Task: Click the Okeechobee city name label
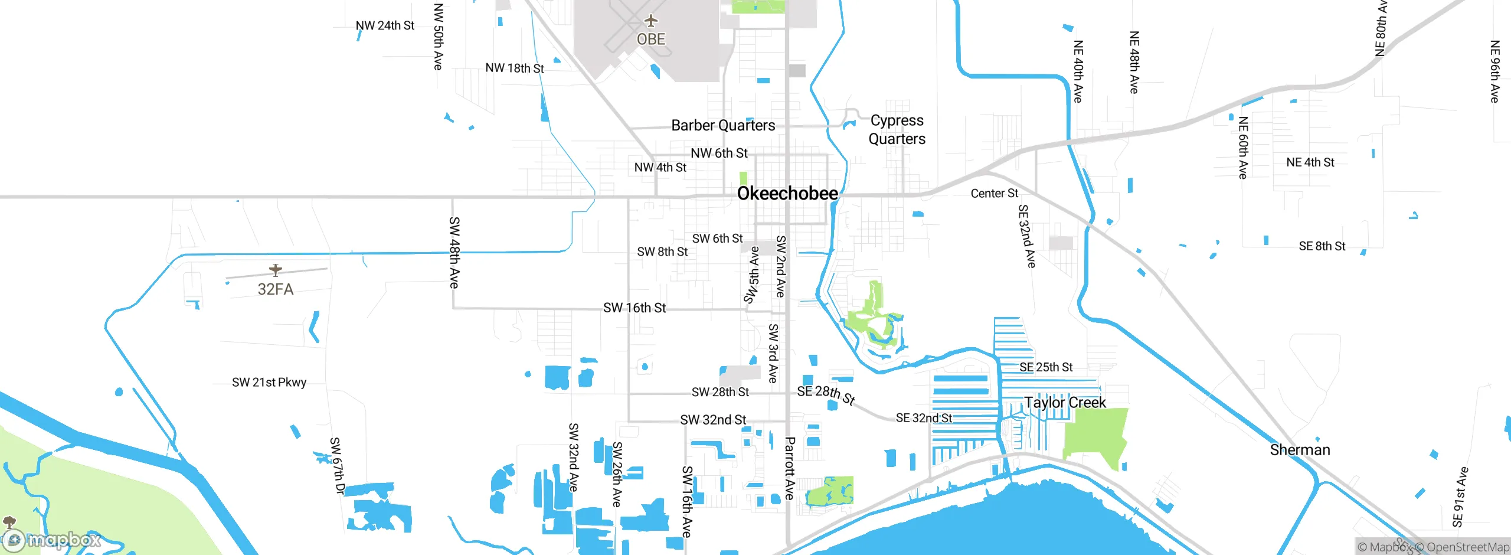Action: point(787,193)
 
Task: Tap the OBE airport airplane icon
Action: point(650,21)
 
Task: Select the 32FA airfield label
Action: point(275,289)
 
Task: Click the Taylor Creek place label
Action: point(1065,403)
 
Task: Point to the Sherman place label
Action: point(1300,450)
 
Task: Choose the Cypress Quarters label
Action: point(897,129)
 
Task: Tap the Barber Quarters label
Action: point(723,125)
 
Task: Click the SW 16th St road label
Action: point(634,308)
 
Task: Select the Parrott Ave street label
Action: point(790,468)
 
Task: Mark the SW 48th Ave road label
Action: point(454,252)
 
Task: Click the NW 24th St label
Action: point(385,25)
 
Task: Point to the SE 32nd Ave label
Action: point(1027,236)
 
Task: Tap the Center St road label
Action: point(994,193)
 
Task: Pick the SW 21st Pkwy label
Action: point(269,382)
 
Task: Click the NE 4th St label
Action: point(1310,162)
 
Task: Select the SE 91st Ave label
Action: point(1460,497)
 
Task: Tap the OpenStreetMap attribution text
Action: point(1467,547)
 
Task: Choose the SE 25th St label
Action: point(1046,367)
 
